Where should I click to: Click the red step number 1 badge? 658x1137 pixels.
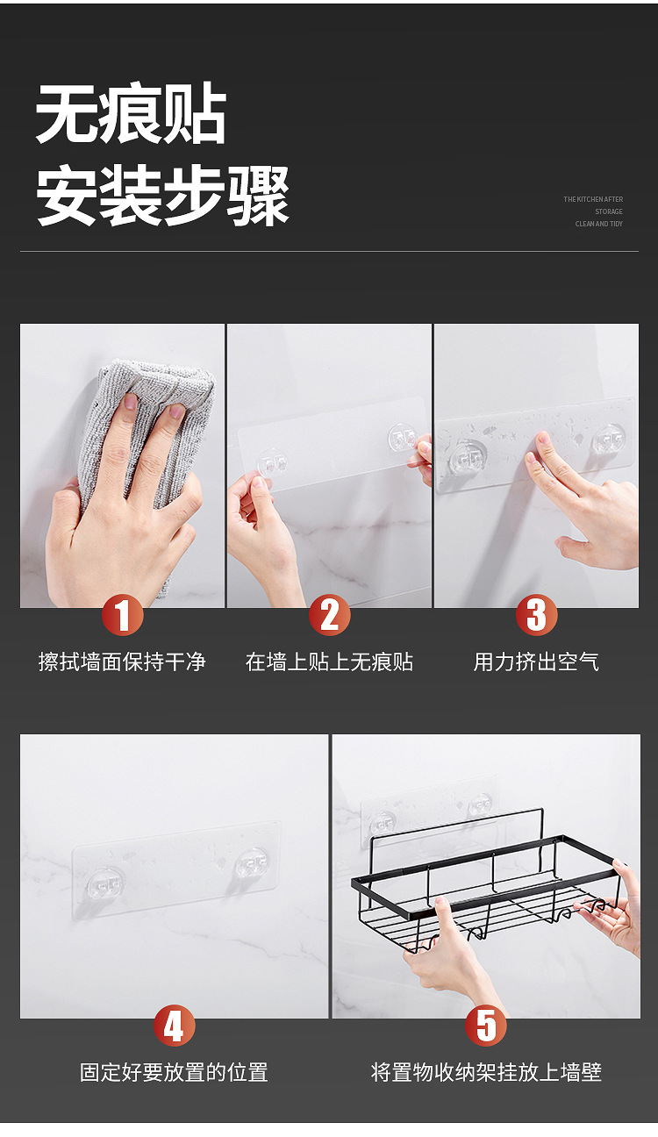pos(122,615)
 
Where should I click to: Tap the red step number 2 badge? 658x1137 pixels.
pos(330,615)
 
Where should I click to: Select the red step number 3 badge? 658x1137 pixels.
pos(537,615)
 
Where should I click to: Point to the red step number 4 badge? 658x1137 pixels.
pos(174,1025)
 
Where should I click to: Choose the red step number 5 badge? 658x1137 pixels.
pos(486,1025)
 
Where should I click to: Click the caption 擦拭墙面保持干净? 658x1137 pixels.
pos(122,661)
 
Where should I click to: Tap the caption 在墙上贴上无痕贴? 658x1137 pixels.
pos(330,661)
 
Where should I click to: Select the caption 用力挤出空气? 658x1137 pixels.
pos(537,661)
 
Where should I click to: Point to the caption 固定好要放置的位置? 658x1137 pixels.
pos(174,1072)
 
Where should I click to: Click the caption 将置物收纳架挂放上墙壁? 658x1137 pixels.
pos(486,1072)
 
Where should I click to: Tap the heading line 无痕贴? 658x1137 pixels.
pos(131,113)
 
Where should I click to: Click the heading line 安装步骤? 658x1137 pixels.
pos(162,195)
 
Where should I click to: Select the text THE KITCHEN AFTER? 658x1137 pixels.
pos(593,199)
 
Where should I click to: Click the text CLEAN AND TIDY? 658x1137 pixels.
pos(599,224)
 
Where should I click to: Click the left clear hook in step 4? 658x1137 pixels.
pos(104,884)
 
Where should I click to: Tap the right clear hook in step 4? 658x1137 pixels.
pos(251,863)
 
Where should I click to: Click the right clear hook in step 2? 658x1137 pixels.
pos(403,438)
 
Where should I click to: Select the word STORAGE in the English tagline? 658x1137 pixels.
pos(609,211)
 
